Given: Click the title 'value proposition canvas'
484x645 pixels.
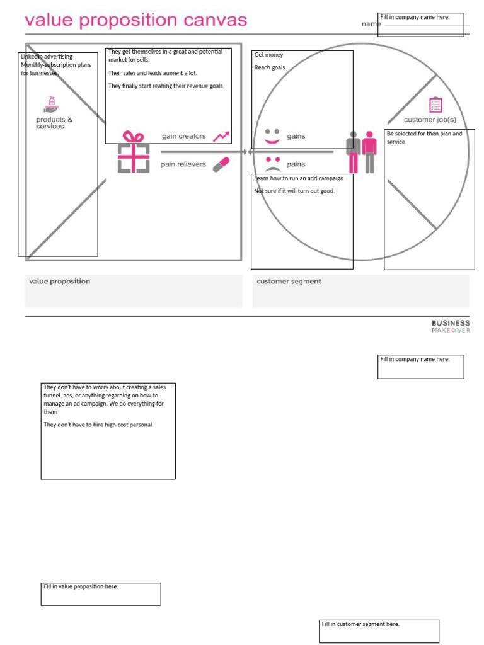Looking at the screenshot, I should [135, 21].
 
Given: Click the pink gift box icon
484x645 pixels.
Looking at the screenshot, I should [133, 152].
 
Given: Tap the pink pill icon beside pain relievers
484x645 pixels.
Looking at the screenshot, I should [221, 164].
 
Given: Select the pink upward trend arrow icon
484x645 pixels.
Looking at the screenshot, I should [221, 136].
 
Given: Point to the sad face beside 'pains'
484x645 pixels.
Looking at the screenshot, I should [272, 164].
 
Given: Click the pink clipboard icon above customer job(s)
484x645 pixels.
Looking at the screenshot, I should [435, 105].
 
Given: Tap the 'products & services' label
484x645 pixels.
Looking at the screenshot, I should [54, 123].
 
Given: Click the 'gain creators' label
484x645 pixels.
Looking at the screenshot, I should [183, 136].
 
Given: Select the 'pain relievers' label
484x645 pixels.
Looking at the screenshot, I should [183, 164].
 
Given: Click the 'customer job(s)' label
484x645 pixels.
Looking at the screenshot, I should [430, 120].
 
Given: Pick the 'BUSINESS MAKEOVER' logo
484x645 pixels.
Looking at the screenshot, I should [451, 326].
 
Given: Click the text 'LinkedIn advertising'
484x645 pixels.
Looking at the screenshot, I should [47, 57].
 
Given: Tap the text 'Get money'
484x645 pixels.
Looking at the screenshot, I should [269, 55].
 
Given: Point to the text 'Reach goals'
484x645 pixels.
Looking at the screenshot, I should [270, 67].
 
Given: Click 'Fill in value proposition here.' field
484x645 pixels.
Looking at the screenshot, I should [101, 593].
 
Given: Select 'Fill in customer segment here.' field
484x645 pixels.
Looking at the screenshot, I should [379, 631].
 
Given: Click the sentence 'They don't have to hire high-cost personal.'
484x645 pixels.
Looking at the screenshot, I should [98, 425].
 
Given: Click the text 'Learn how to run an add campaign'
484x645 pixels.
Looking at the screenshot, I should [299, 178].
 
